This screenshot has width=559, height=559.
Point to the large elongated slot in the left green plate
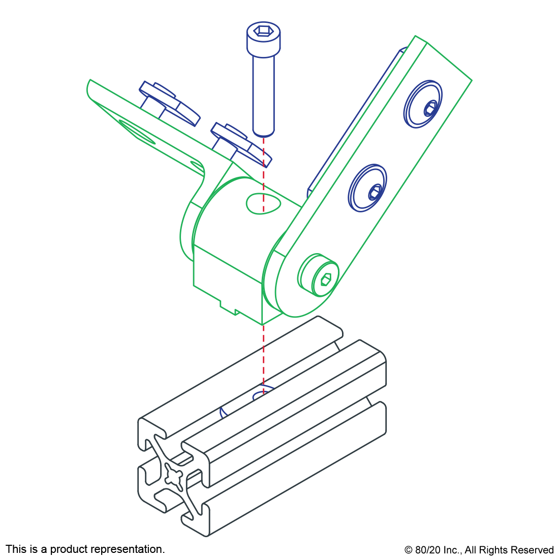136,132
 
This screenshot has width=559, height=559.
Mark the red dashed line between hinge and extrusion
263,356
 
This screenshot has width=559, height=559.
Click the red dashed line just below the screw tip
263,152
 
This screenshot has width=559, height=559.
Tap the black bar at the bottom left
85,550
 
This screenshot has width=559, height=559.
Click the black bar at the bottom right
479,551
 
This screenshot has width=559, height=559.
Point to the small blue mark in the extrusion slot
222,413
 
